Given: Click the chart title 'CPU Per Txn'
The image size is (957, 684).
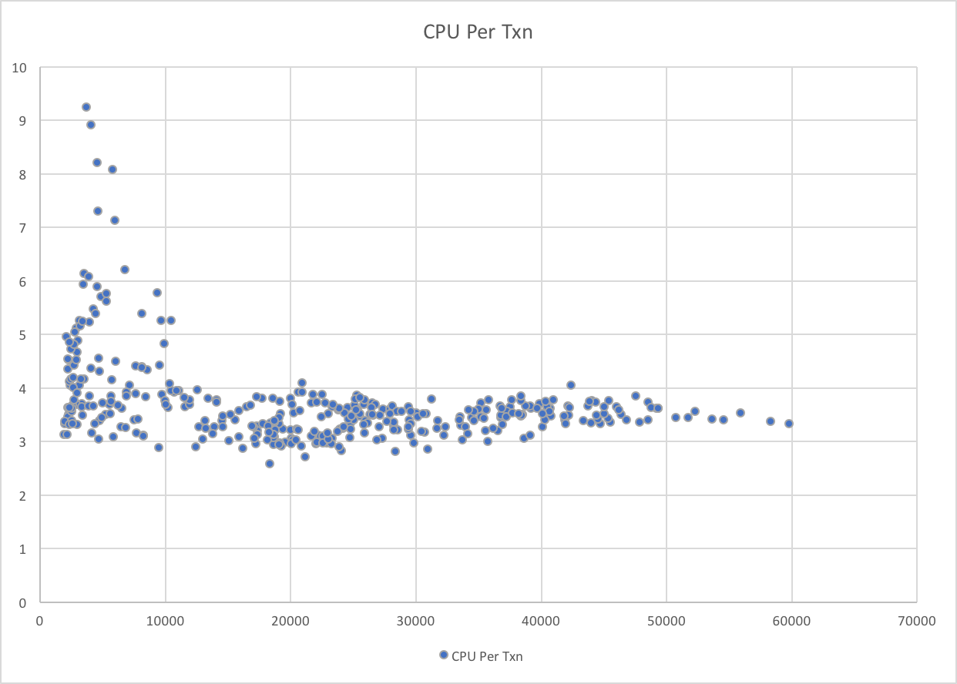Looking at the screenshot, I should tap(478, 32).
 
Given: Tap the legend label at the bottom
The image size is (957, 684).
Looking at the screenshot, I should tap(487, 656).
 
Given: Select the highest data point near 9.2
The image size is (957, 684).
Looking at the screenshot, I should tap(86, 107).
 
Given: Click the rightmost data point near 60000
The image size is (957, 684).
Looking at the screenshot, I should tap(789, 423).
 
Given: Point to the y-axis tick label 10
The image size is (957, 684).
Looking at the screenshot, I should tap(19, 68).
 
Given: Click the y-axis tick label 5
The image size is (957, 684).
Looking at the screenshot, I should tap(23, 335).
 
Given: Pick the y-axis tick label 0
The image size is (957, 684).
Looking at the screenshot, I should tap(23, 602).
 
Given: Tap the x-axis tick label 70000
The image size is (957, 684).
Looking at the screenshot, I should tap(916, 621).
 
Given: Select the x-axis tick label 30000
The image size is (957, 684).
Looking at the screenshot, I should tap(415, 621).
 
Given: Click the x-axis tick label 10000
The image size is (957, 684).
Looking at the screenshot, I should tap(165, 621).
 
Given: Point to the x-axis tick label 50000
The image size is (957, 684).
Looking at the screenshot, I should tap(666, 621).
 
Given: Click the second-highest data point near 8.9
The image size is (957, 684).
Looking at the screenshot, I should tap(91, 125).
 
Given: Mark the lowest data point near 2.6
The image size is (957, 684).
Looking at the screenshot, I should tap(270, 464).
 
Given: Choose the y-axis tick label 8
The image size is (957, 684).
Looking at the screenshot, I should tap(23, 175).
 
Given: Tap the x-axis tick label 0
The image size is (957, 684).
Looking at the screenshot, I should tap(40, 621).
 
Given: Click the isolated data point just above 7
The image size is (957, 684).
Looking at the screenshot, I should tap(115, 220).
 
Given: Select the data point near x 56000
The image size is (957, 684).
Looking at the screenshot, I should tap(740, 413).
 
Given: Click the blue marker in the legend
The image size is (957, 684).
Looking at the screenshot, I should tap(443, 655).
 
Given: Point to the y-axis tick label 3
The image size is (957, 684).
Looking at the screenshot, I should tap(23, 442).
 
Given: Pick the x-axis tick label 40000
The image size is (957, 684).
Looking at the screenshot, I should tap(541, 621).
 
